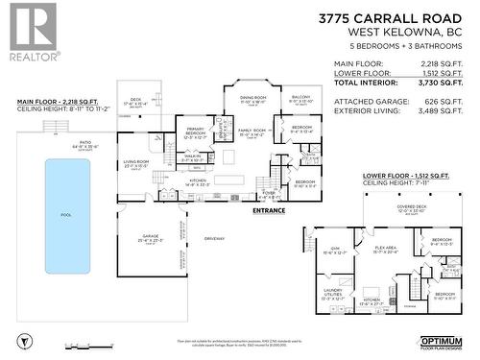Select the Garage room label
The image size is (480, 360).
pos(150,237)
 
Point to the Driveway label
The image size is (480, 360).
pos(214,238)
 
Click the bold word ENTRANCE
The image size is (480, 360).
pos(269,209)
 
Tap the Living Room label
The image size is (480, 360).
pos(134,162)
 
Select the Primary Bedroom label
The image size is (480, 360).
pos(195,132)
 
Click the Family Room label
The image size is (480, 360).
pos(252,132)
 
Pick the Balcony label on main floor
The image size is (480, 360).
pos(300,97)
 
